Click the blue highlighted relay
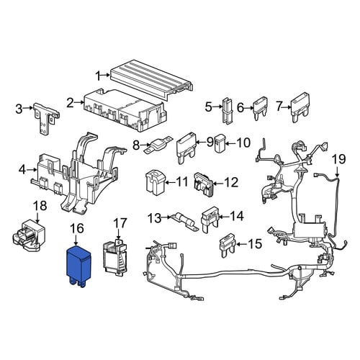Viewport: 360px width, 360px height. [78, 266]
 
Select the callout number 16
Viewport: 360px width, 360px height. [77, 228]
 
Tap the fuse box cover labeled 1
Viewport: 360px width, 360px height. [152, 77]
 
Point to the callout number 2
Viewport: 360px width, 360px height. [70, 103]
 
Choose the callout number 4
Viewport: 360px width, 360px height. [22, 170]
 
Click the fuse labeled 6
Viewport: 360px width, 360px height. [261, 108]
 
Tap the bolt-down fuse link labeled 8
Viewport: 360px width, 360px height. [158, 145]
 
